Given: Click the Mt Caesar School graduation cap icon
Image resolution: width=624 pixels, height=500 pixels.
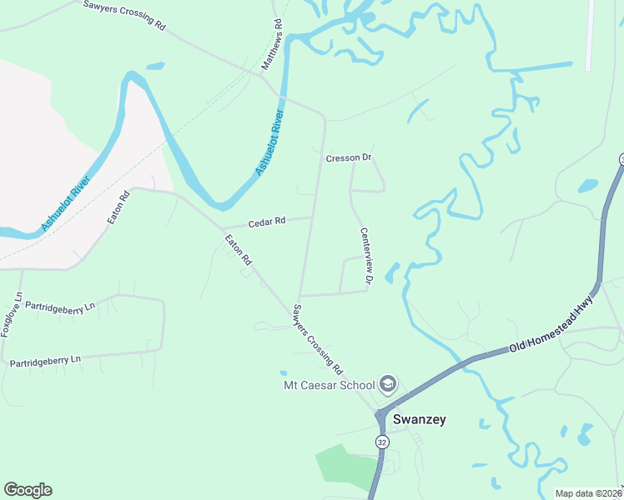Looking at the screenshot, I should (x=387, y=384).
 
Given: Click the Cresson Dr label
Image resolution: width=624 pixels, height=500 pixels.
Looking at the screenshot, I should (x=348, y=157).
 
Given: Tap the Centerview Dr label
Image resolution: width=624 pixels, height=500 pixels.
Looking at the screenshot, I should (x=365, y=258).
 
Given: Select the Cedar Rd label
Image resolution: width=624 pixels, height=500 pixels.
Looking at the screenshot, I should (x=267, y=222).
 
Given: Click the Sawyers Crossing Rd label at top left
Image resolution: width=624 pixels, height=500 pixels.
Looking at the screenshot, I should (x=124, y=15).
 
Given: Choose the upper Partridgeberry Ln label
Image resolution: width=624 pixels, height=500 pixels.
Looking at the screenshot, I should (x=60, y=307).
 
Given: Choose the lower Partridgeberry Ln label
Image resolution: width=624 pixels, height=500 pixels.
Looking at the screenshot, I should (x=45, y=361).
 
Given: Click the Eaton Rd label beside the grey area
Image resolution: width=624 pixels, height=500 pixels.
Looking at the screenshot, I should (x=120, y=207).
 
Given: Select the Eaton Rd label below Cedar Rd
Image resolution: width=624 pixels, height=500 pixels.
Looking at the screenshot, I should (x=238, y=250).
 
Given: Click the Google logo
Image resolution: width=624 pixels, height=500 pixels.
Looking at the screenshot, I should (x=28, y=490).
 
